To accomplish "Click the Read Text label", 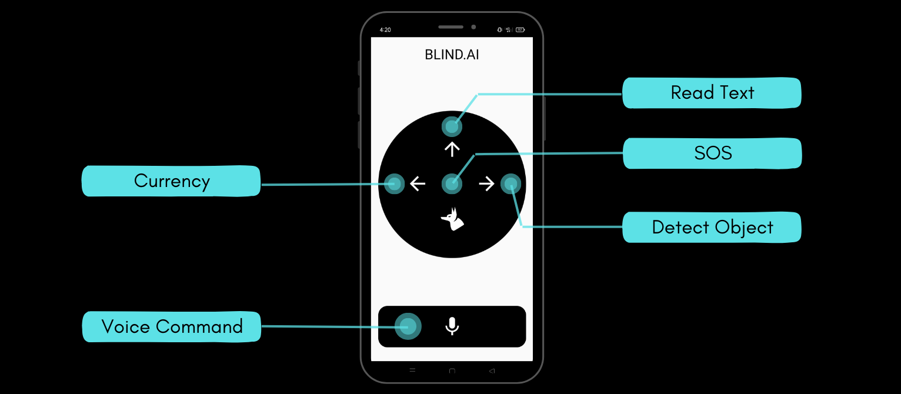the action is [x=712, y=93].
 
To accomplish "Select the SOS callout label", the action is [x=712, y=153].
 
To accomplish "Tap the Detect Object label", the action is [x=712, y=228].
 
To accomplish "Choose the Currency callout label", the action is [x=171, y=181].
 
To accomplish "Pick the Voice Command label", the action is [x=172, y=326].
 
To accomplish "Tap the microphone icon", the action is [x=452, y=326].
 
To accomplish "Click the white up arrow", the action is [x=452, y=149].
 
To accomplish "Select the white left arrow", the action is [x=418, y=184].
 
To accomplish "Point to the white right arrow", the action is [x=486, y=184].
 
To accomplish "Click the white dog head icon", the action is [x=452, y=219].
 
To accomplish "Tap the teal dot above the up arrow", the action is [x=452, y=126].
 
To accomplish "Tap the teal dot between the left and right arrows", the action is [x=452, y=184].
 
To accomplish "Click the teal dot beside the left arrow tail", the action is [x=394, y=184].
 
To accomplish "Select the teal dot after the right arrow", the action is [x=510, y=184].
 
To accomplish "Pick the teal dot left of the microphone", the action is [x=408, y=326].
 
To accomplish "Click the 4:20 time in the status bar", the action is [x=385, y=29].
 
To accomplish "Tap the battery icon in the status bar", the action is [x=520, y=29].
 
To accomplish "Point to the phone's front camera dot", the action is [x=473, y=27].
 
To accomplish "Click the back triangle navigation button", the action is [x=492, y=370].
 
